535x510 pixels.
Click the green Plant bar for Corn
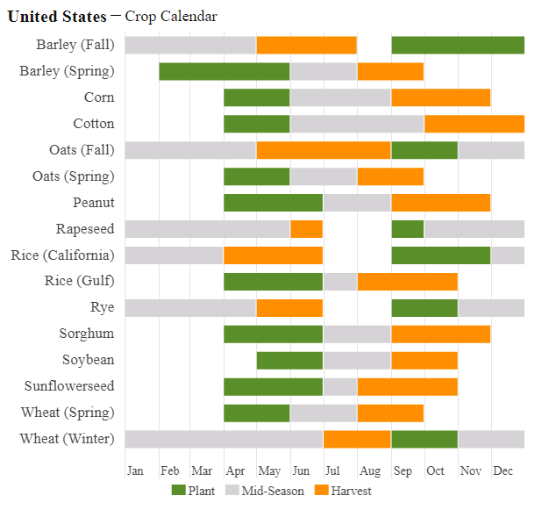(x=256, y=97)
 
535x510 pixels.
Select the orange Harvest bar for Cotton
(x=474, y=124)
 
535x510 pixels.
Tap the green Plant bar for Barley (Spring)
(x=224, y=71)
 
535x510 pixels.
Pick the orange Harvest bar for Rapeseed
(x=306, y=229)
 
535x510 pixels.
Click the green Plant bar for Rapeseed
(x=407, y=229)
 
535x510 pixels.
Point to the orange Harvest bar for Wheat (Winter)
(x=357, y=439)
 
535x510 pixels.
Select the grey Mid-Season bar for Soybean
(x=357, y=360)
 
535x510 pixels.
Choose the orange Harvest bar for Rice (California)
(x=273, y=255)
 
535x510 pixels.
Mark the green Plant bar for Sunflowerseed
(x=273, y=386)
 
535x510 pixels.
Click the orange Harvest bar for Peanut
(x=440, y=203)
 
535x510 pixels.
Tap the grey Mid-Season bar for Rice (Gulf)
(x=340, y=282)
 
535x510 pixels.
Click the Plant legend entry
(x=193, y=491)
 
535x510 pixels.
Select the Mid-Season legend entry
(x=264, y=491)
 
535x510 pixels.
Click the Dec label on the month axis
(x=503, y=471)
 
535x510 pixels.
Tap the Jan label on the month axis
(x=135, y=471)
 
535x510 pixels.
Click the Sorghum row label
(x=87, y=334)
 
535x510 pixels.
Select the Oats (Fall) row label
(x=82, y=150)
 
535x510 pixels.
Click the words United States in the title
(x=57, y=17)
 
